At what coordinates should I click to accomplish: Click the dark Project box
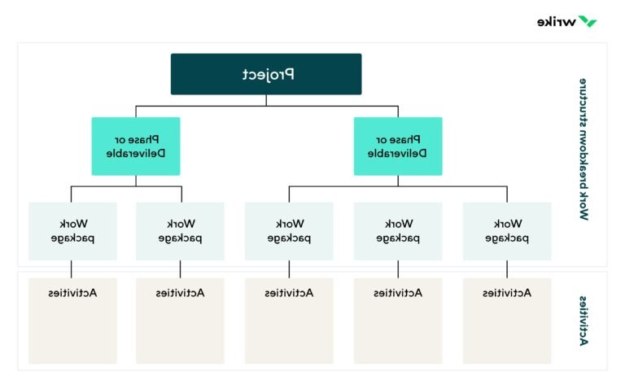tap(266, 74)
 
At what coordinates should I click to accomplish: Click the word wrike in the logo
tap(557, 21)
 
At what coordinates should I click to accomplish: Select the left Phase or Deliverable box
tap(135, 146)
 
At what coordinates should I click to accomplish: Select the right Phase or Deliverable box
tap(398, 146)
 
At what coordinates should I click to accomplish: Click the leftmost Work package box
tap(72, 231)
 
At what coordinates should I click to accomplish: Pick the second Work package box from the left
tap(180, 231)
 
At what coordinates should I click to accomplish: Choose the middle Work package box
tap(289, 231)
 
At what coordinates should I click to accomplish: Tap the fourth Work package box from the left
tap(398, 231)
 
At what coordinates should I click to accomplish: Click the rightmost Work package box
tap(506, 231)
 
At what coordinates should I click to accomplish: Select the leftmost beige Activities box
tap(72, 321)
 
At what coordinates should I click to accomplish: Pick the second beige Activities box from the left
tap(180, 321)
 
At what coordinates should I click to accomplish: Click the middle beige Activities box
tap(289, 321)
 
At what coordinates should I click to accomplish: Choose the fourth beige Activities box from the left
tap(398, 321)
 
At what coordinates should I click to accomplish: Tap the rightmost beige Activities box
tap(506, 321)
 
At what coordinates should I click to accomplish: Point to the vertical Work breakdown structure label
tap(583, 150)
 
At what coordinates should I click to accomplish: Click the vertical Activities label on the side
tap(583, 321)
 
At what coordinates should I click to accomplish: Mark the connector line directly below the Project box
tap(266, 100)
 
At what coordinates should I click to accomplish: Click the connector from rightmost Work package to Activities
tap(507, 269)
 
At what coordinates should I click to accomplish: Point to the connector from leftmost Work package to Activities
tap(72, 269)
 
